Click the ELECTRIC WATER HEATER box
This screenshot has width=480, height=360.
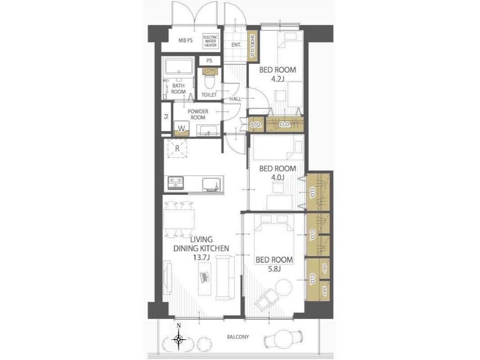coord(210,41)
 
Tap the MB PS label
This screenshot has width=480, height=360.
coord(185,40)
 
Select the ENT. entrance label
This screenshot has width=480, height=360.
coord(236,45)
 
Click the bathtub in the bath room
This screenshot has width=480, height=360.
coord(179,67)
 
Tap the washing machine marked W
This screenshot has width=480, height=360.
coord(182,129)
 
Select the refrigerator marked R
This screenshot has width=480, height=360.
coord(177,148)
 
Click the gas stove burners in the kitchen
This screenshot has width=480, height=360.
coord(176,183)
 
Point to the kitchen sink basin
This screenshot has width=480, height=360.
coord(210,184)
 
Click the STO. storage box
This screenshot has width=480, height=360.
coord(256,125)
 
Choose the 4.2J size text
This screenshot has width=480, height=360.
coord(278,79)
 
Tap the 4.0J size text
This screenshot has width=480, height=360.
coord(278,177)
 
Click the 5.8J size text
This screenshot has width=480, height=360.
coord(274,269)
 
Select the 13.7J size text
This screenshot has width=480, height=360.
coord(201,257)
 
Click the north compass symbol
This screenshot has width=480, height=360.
coord(179,338)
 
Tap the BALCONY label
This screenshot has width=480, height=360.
coord(238,337)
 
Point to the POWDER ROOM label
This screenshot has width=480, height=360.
coord(198,114)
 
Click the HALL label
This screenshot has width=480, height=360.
coord(235,99)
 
